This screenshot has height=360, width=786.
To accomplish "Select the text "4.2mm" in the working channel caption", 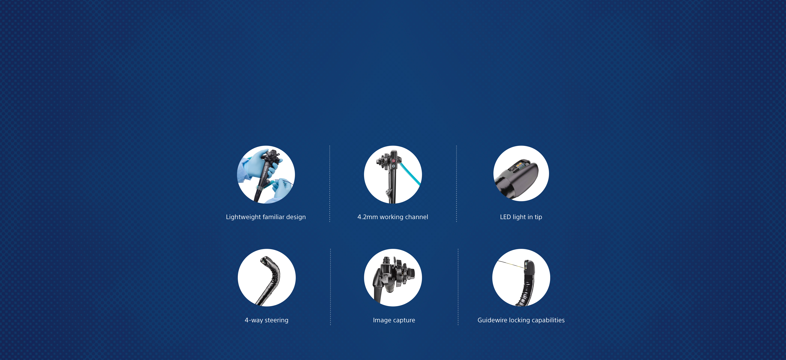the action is [367, 217].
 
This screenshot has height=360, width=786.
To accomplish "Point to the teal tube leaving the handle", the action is [410, 174].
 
